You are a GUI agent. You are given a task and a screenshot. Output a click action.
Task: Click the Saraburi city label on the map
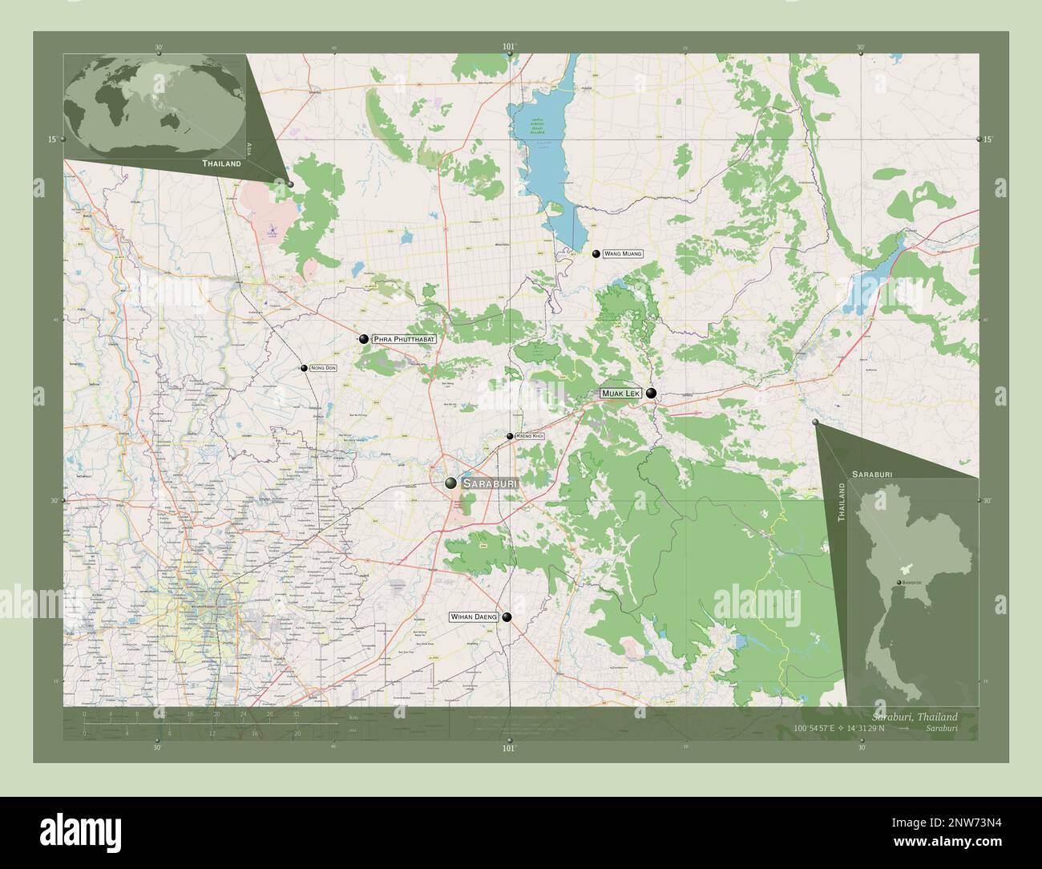pyautogui.click(x=491, y=484)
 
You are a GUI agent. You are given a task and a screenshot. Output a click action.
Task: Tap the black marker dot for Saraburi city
pyautogui.click(x=451, y=483)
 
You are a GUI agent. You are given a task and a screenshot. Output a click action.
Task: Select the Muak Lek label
pyautogui.click(x=621, y=394)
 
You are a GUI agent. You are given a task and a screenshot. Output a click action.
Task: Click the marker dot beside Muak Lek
pyautogui.click(x=652, y=394)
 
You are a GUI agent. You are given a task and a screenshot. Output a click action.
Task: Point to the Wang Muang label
pyautogui.click(x=623, y=253)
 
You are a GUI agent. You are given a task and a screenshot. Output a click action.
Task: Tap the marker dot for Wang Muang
pyautogui.click(x=596, y=253)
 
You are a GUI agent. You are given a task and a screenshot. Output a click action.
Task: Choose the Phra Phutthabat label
pyautogui.click(x=404, y=340)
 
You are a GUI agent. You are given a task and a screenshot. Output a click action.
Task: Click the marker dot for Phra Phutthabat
pyautogui.click(x=364, y=339)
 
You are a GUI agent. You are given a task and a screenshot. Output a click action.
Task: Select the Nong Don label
pyautogui.click(x=323, y=368)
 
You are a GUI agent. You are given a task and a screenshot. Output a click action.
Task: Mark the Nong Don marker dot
pyautogui.click(x=304, y=368)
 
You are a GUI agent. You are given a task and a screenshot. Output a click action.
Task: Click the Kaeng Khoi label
pyautogui.click(x=531, y=436)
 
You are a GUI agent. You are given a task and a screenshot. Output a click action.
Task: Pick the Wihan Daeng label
pyautogui.click(x=473, y=617)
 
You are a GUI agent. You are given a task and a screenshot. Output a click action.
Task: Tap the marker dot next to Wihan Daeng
pyautogui.click(x=507, y=617)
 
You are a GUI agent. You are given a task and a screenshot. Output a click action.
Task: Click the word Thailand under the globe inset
pyautogui.click(x=221, y=163)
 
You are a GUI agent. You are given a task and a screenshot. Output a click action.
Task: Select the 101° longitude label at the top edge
pyautogui.click(x=508, y=47)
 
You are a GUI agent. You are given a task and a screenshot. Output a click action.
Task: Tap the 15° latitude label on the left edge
pyautogui.click(x=52, y=139)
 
